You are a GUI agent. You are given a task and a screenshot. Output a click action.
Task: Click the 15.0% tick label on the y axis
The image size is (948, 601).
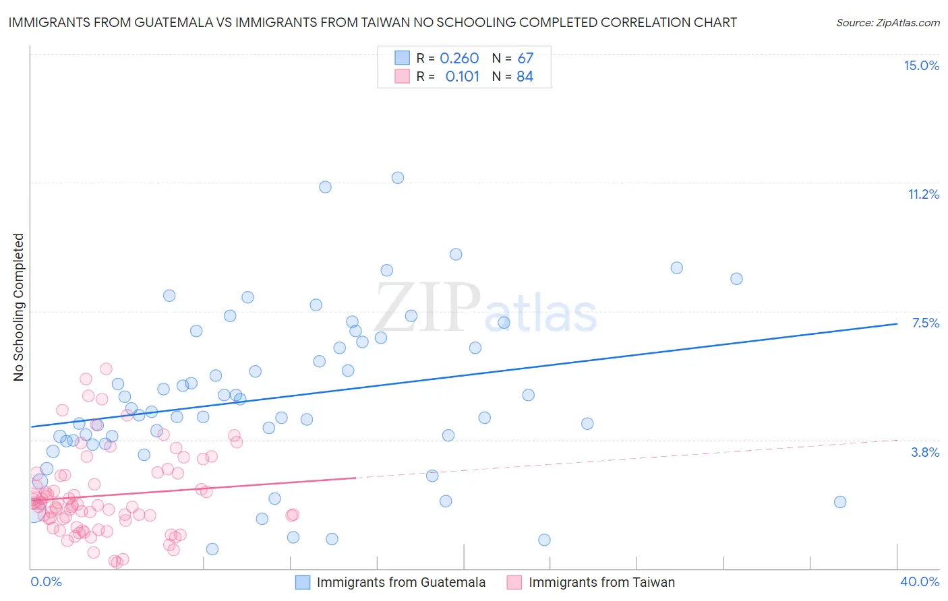tap(921, 65)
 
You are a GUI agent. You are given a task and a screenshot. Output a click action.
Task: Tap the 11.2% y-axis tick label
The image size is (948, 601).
tap(923, 194)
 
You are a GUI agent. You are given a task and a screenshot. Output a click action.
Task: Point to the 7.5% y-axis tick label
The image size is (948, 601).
tap(925, 323)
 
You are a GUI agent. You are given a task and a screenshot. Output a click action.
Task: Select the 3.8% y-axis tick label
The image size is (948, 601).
tap(925, 452)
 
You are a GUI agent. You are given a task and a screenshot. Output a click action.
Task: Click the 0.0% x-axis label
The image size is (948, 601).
tap(46, 581)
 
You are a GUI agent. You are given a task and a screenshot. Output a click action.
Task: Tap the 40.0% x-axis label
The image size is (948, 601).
tap(919, 581)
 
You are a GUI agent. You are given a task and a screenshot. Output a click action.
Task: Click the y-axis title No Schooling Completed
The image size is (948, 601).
tap(18, 307)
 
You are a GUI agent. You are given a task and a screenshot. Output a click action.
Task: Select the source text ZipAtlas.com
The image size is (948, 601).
tap(887, 22)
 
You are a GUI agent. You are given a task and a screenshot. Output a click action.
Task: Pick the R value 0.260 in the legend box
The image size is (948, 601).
tap(459, 58)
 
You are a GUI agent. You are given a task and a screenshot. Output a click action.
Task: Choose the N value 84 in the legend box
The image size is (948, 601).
tap(525, 76)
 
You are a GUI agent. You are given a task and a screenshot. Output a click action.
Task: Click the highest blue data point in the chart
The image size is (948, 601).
tap(398, 178)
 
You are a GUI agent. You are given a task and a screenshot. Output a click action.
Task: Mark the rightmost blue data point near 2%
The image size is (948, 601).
tap(840, 502)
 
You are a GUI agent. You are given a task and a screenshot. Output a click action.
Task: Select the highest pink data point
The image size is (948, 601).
tap(106, 369)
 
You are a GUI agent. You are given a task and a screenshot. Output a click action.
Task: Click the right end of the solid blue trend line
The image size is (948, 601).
tap(897, 324)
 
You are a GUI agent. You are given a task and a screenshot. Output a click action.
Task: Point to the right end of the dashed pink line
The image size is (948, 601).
tap(897, 440)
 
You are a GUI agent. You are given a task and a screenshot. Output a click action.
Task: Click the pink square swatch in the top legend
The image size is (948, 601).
tap(402, 76)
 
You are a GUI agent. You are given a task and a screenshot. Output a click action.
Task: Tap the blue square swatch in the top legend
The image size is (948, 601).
tap(402, 58)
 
